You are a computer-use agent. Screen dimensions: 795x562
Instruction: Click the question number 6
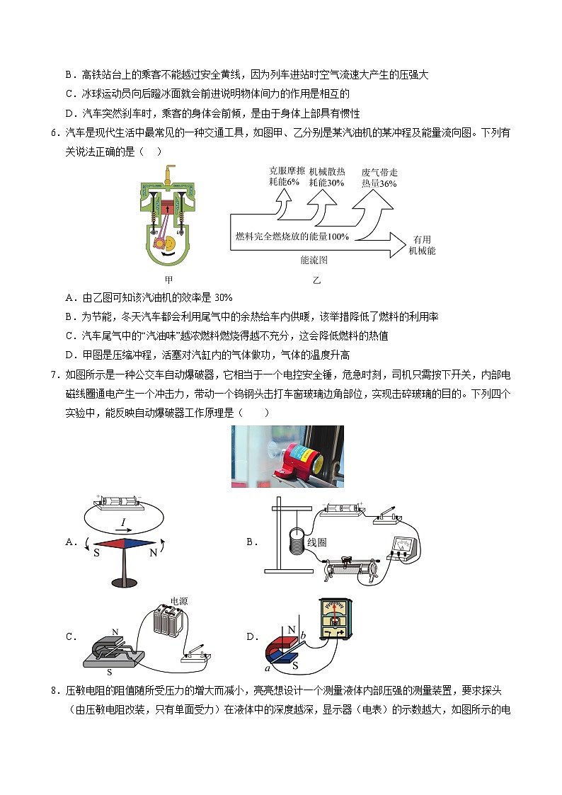click(x=50, y=133)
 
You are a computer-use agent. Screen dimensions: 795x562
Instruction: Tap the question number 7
click(x=50, y=374)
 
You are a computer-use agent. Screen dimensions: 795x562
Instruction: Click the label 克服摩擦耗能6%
click(x=287, y=176)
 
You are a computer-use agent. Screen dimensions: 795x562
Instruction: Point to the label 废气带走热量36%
click(x=379, y=178)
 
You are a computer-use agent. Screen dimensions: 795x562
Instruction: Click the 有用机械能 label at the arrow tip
click(x=423, y=245)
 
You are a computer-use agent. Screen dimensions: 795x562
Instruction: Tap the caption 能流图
click(x=314, y=261)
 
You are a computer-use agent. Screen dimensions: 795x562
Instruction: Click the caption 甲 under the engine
click(x=168, y=280)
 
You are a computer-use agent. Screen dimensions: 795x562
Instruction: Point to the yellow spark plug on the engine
click(x=168, y=173)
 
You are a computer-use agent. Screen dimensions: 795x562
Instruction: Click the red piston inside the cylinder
click(x=168, y=207)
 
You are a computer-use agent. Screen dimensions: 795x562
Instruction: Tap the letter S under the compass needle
click(x=97, y=552)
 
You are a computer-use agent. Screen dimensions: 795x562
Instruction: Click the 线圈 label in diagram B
click(x=316, y=542)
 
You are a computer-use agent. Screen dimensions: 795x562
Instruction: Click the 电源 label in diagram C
click(x=179, y=600)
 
